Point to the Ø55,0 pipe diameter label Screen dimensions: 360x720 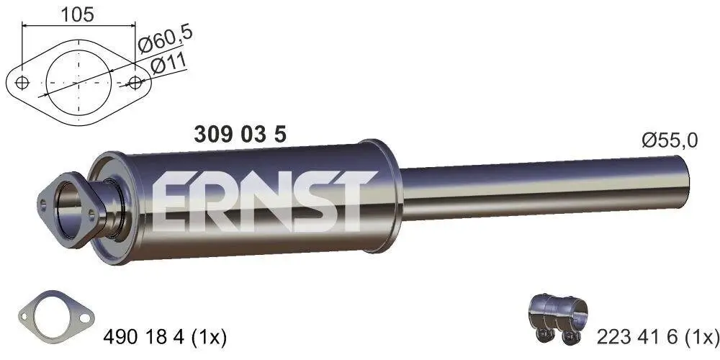coord(670,141)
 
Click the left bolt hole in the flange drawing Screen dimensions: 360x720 coord(23,82)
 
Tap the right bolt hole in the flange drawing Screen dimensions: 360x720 coord(135,82)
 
